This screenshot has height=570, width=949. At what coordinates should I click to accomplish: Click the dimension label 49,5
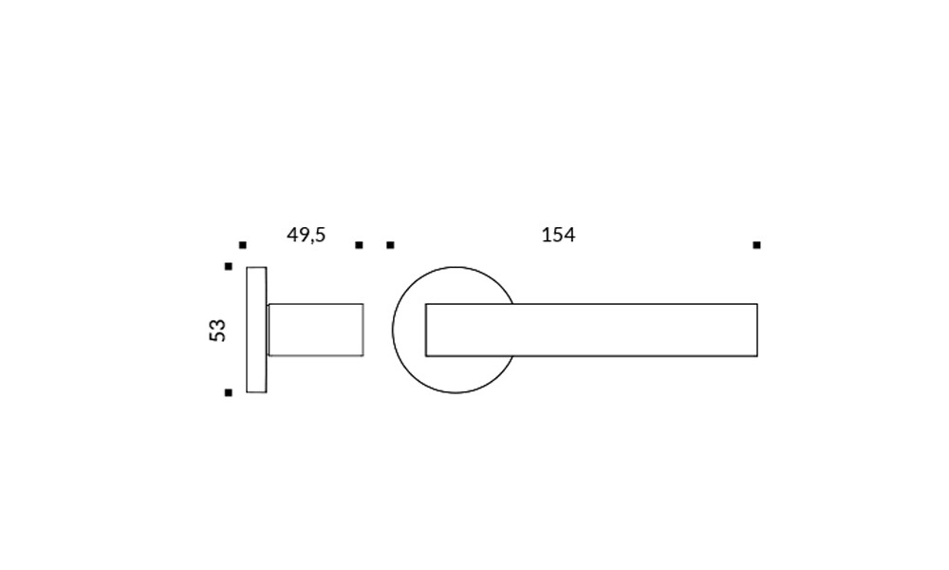(x=306, y=235)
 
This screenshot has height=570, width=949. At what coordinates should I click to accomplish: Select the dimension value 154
(x=558, y=235)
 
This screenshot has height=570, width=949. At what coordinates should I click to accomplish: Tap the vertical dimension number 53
(x=217, y=331)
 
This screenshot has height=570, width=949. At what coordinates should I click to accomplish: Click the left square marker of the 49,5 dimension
(x=243, y=245)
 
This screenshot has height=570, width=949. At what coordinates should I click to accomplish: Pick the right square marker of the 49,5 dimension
(x=359, y=245)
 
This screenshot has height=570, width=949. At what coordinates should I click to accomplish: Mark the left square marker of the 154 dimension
(x=390, y=245)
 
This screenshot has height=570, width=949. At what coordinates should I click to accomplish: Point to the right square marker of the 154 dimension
(x=756, y=245)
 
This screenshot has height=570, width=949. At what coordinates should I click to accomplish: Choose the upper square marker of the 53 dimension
(x=228, y=267)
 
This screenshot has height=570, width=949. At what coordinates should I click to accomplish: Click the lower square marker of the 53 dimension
(x=228, y=392)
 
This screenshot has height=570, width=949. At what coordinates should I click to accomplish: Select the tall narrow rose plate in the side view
(x=256, y=330)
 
